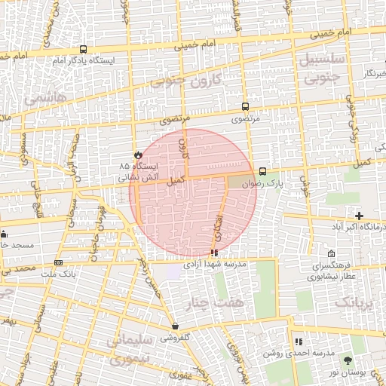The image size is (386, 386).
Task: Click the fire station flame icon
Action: (x=137, y=153)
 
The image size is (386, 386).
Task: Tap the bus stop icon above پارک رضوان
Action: (x=262, y=171)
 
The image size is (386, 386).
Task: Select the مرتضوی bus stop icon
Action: (x=245, y=107)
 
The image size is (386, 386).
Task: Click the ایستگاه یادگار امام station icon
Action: (x=82, y=50)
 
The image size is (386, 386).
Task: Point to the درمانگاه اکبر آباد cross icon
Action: (x=360, y=216)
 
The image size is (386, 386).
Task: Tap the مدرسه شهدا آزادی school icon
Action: (x=215, y=253)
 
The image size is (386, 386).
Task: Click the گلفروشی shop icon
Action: (x=175, y=326)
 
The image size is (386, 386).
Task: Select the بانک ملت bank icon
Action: (x=58, y=262)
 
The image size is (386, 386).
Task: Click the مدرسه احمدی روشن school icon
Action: (x=299, y=342)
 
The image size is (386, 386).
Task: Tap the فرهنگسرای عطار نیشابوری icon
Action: (x=332, y=254)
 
